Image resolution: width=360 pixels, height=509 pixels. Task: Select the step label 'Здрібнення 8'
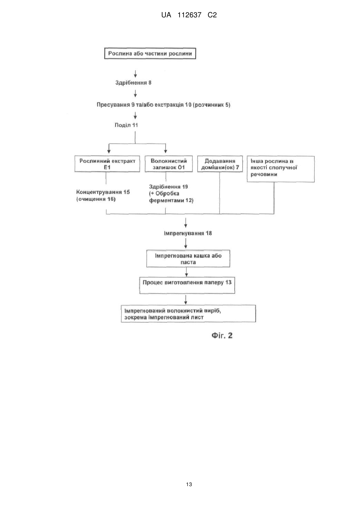point(133,83)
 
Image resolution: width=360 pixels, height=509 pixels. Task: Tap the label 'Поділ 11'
point(126,125)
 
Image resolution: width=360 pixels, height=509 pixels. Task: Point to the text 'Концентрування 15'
point(103,192)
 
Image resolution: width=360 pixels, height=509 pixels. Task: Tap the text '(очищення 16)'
point(96,199)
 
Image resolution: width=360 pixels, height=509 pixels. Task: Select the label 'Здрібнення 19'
point(168,187)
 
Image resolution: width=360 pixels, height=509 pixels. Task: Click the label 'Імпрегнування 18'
point(188,233)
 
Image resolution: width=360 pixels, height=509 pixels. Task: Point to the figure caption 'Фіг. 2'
point(222,336)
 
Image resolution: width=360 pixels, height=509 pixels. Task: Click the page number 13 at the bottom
point(189,484)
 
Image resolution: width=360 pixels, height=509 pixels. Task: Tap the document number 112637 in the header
point(189,15)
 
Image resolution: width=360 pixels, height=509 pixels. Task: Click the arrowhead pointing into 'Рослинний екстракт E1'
point(109,151)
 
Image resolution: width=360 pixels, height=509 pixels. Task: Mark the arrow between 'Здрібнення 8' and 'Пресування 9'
point(135,93)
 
